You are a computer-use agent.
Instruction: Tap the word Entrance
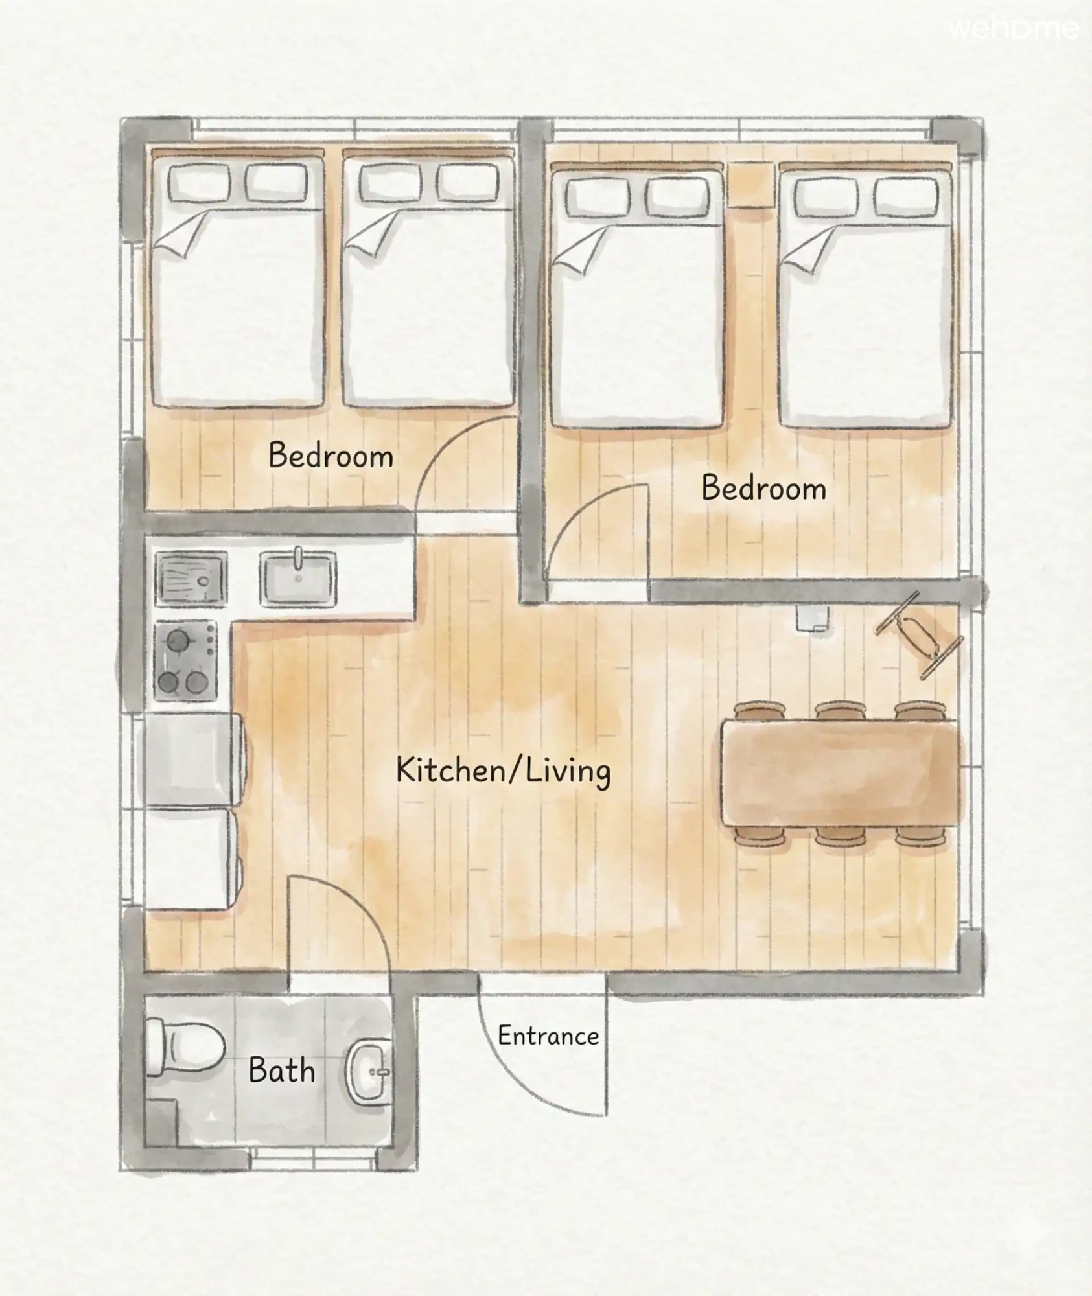pyautogui.click(x=548, y=1036)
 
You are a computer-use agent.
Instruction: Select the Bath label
pyautogui.click(x=282, y=1070)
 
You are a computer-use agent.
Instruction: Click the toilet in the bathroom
pyautogui.click(x=185, y=1048)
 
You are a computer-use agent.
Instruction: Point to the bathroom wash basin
pyautogui.click(x=369, y=1072)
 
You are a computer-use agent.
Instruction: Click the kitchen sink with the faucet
pyautogui.click(x=298, y=578)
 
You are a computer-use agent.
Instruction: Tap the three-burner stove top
pyautogui.click(x=186, y=660)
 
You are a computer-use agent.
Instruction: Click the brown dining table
pyautogui.click(x=840, y=772)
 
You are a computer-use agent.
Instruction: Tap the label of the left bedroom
pyautogui.click(x=331, y=456)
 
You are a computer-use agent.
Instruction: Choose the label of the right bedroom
pyautogui.click(x=764, y=488)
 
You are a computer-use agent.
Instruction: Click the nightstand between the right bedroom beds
pyautogui.click(x=751, y=185)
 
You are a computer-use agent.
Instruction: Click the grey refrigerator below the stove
pyautogui.click(x=193, y=760)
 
